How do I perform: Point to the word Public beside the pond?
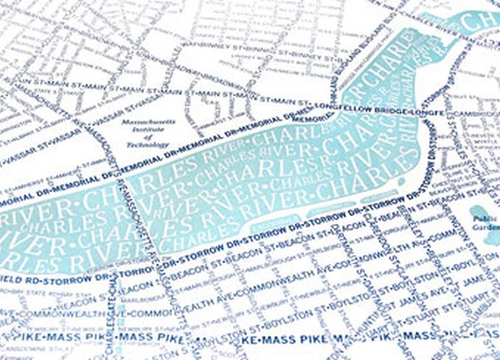coord(484,219)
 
